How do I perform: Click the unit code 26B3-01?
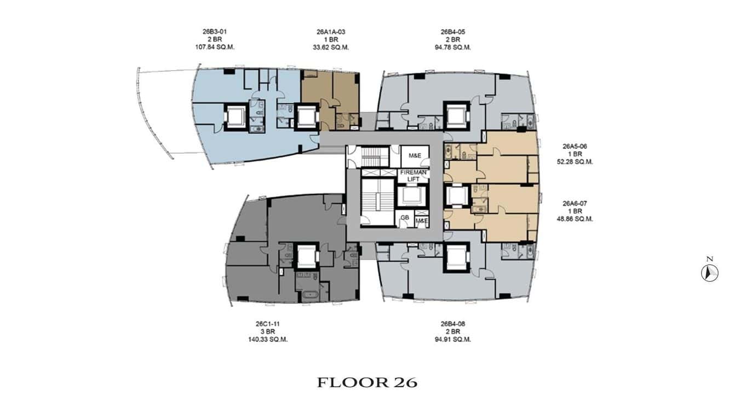tap(210, 32)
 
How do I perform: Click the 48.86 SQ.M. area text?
tap(577, 219)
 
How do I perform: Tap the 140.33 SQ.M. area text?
tap(268, 339)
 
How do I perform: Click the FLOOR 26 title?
tap(367, 382)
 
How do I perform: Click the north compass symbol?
tap(709, 272)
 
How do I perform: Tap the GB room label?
tap(405, 218)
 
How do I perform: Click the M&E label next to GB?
tap(422, 221)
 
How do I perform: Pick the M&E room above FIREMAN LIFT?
tap(414, 155)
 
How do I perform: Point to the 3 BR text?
tap(268, 331)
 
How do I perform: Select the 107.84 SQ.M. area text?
tap(210, 47)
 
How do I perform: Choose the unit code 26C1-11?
tap(268, 324)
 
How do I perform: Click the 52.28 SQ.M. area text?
tap(577, 162)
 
